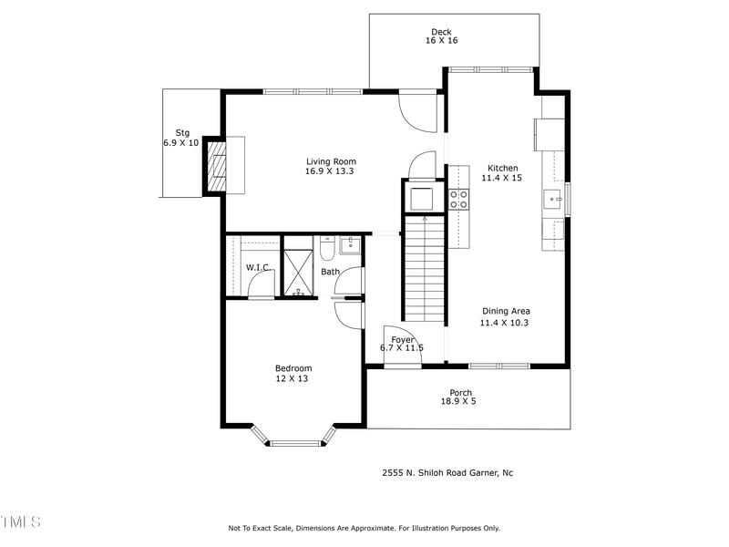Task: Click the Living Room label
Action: (x=330, y=162)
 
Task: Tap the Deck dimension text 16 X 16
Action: (x=441, y=41)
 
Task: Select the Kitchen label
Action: (x=503, y=169)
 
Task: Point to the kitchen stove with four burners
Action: (x=458, y=200)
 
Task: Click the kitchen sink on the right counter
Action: (x=552, y=199)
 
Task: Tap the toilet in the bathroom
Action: (x=328, y=249)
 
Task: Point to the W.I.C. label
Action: (x=257, y=267)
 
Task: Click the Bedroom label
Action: (x=293, y=368)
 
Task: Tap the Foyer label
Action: (x=402, y=340)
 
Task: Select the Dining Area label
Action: (x=505, y=311)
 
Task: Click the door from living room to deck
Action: (x=417, y=111)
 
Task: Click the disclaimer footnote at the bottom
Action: (x=364, y=528)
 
